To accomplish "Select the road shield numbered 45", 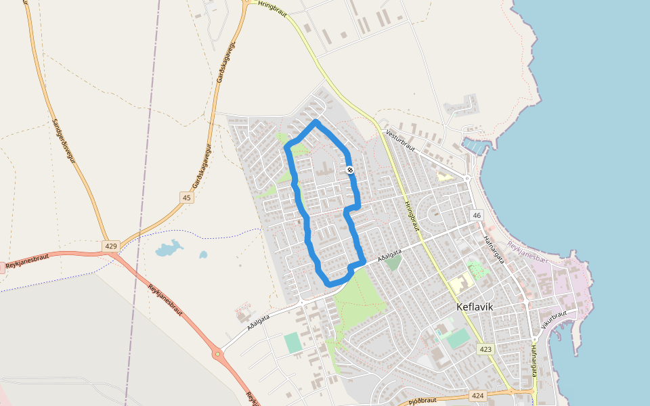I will (x=187, y=198).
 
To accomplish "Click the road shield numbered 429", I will (x=110, y=245).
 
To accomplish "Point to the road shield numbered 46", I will (x=477, y=215).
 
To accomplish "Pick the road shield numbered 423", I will (x=485, y=349).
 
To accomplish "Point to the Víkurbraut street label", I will (x=554, y=317).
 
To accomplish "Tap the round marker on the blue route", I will (x=349, y=170).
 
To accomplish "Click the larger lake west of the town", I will (x=169, y=249).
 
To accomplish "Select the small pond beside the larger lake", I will (x=202, y=255).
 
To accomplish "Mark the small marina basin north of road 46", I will (x=473, y=145).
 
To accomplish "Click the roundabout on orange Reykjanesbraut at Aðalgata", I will (x=217, y=353).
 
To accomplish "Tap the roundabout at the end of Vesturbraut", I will (x=467, y=179).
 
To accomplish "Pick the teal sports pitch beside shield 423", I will (x=459, y=338).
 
